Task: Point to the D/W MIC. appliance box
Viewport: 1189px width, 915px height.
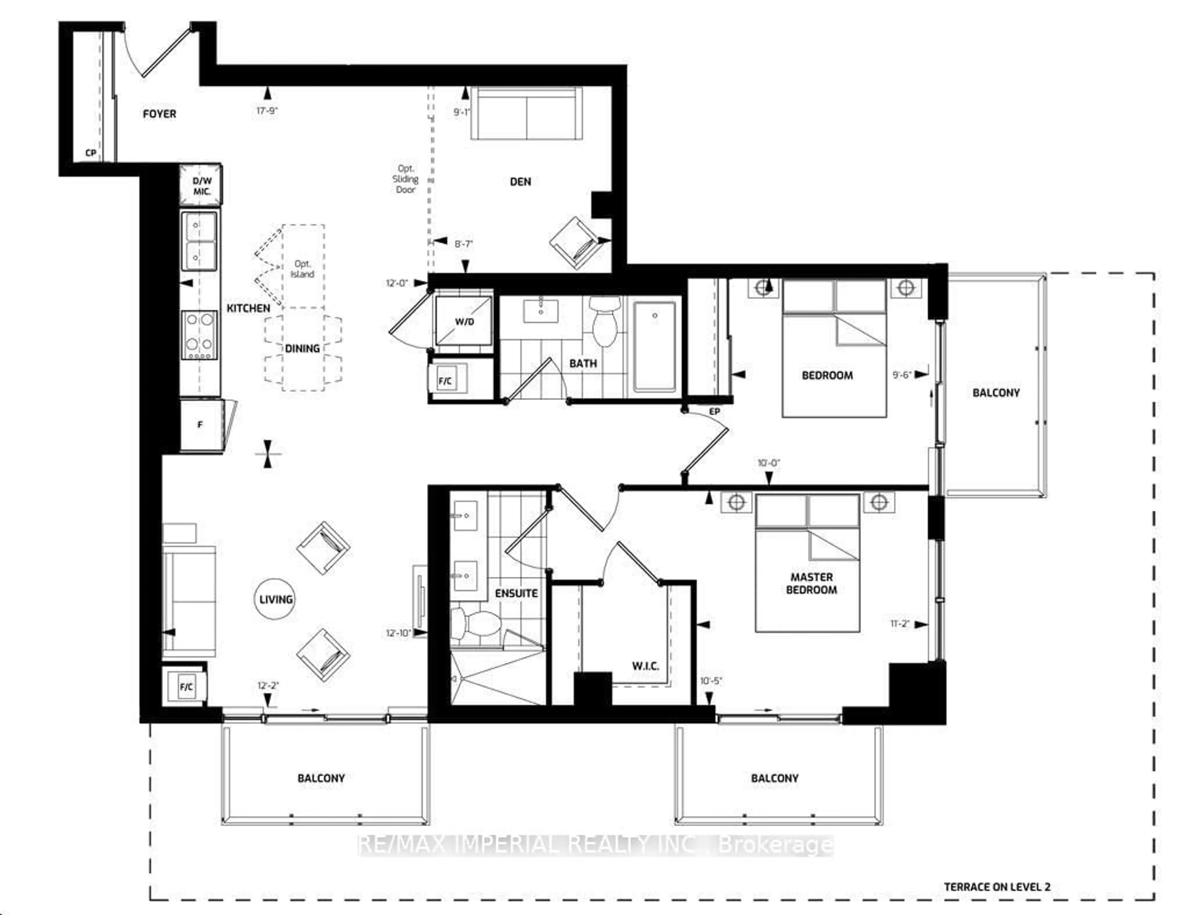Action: click(x=202, y=185)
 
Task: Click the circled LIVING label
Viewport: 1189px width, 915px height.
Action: click(x=276, y=599)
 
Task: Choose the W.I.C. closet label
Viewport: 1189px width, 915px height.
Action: click(x=645, y=666)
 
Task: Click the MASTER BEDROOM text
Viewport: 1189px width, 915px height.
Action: click(x=811, y=583)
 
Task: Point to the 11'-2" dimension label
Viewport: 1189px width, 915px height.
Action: click(x=900, y=624)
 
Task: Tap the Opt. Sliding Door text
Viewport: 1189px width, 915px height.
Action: click(x=406, y=179)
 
